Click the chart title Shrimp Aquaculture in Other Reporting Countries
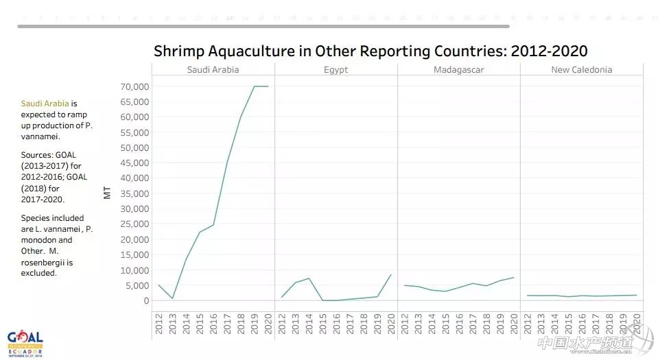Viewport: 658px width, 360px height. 371,51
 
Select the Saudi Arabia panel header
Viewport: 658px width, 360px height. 213,70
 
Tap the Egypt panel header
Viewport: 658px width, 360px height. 336,70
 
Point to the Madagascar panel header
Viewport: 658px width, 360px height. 459,70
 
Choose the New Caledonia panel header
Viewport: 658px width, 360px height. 582,70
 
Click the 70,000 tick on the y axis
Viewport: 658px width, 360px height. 134,86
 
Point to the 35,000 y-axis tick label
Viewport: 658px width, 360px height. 134,193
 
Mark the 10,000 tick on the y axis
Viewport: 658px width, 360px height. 134,270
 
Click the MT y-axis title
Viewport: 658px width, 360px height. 107,193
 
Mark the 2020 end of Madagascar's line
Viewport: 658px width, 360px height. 513,278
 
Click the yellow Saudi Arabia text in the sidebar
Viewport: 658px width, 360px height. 45,104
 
